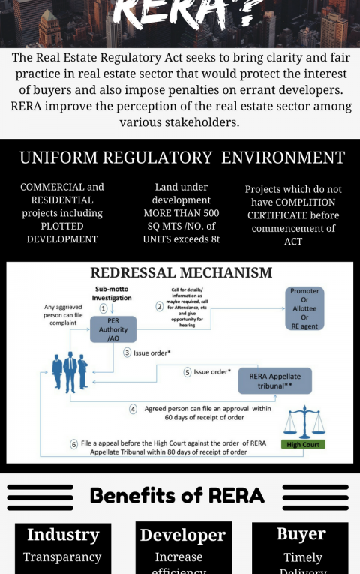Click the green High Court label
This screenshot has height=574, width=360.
click(x=304, y=444)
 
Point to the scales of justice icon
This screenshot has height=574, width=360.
click(x=306, y=422)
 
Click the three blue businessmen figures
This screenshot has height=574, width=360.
click(x=70, y=371)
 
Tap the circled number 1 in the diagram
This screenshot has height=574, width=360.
click(x=103, y=308)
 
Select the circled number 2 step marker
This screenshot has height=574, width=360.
click(x=159, y=306)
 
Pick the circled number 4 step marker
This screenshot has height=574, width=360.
click(x=133, y=410)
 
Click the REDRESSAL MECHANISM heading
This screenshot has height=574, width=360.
click(x=181, y=272)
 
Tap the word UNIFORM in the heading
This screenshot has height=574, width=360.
click(x=58, y=158)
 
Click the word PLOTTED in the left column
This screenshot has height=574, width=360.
click(x=61, y=226)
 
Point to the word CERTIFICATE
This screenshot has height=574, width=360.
click(x=292, y=215)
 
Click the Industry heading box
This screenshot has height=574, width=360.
click(x=63, y=535)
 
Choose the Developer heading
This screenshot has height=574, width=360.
click(x=182, y=535)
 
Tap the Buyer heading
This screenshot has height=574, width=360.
click(x=300, y=533)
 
